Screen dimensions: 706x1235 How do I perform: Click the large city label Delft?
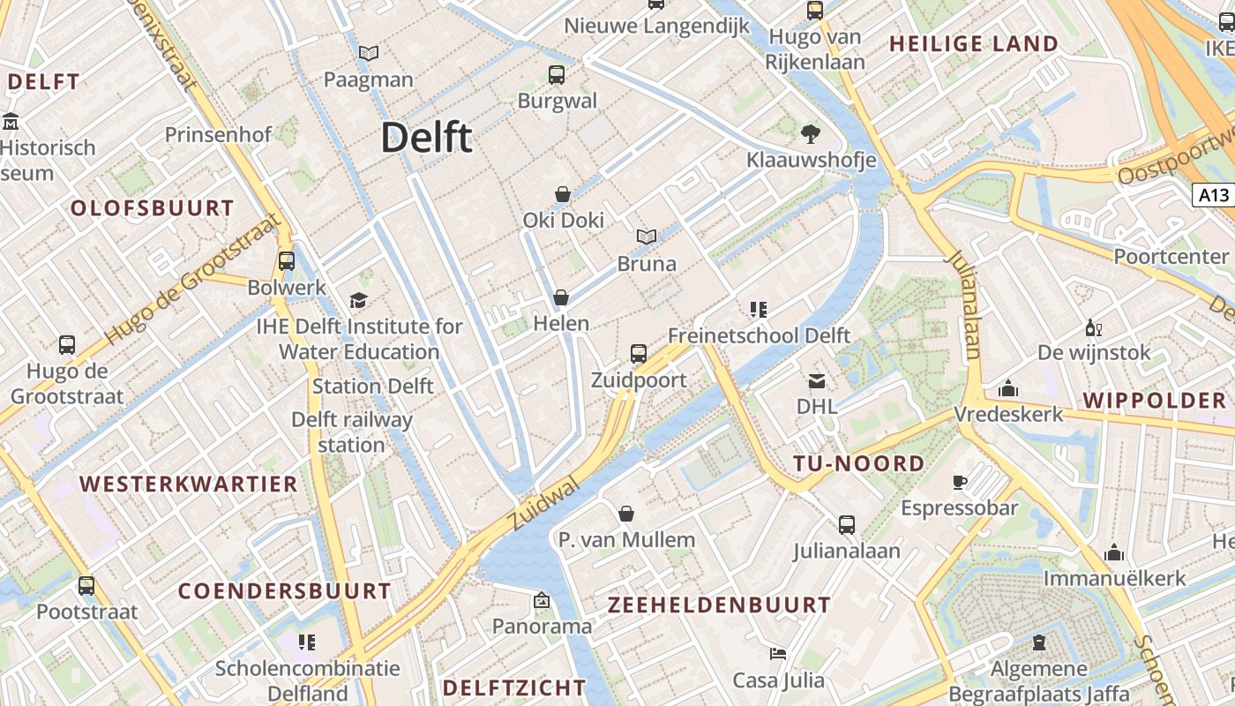click(x=427, y=138)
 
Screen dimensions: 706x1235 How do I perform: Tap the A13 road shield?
click(x=1213, y=195)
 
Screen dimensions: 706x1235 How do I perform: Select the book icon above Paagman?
click(x=369, y=53)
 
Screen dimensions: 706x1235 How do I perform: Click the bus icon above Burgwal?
click(x=556, y=74)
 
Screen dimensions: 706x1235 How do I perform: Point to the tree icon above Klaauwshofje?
click(x=810, y=133)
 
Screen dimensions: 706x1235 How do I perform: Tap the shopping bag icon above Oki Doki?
click(x=562, y=193)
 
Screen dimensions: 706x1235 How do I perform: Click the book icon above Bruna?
click(x=647, y=237)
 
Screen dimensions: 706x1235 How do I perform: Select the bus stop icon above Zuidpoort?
click(x=639, y=354)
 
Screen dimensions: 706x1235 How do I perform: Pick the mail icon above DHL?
click(x=816, y=381)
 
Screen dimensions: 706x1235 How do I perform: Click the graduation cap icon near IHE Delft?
click(x=358, y=300)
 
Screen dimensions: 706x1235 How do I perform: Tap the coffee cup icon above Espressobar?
click(x=960, y=482)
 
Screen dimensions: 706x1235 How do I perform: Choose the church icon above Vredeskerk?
click(x=1008, y=388)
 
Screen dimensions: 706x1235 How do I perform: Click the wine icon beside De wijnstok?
click(x=1094, y=328)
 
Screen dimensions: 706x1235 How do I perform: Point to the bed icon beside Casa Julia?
click(x=778, y=654)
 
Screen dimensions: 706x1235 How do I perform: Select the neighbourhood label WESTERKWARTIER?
click(x=189, y=484)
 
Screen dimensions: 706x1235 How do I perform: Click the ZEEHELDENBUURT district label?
click(x=719, y=605)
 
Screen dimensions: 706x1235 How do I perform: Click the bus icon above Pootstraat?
click(x=86, y=585)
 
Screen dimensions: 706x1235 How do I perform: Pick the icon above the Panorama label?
click(x=542, y=601)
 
